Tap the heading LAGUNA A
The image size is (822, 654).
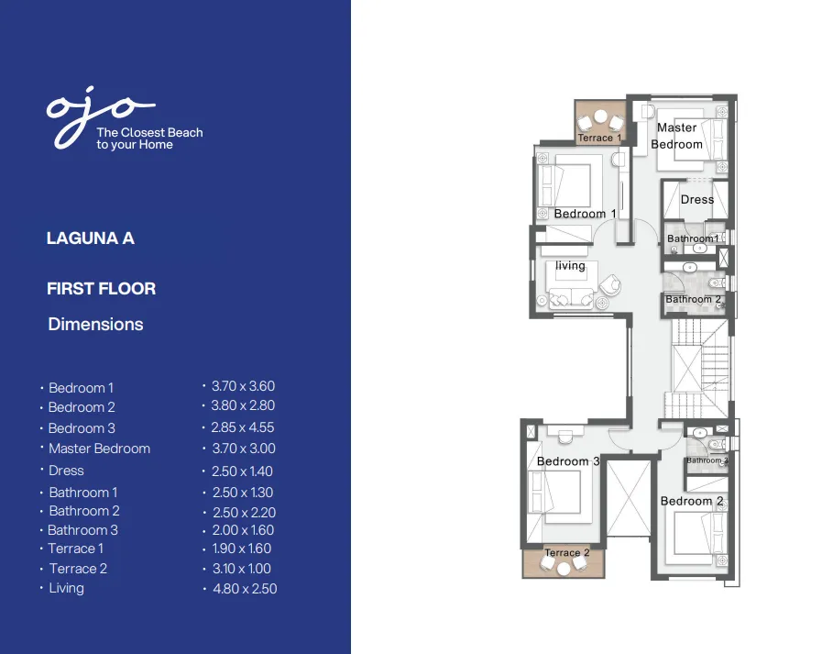(91, 238)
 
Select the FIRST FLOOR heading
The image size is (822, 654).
(101, 288)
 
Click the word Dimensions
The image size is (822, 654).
(95, 324)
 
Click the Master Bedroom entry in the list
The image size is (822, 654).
(99, 449)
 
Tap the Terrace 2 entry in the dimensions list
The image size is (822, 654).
(78, 569)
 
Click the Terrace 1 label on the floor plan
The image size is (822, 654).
(599, 139)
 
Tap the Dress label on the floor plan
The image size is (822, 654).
(696, 199)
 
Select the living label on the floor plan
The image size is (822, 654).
(570, 266)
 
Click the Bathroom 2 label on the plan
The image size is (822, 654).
(694, 300)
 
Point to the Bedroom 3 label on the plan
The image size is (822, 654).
(568, 461)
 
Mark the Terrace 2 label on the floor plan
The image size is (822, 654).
(566, 553)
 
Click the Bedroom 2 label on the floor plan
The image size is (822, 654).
(692, 501)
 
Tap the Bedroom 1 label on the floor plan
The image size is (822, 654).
(585, 214)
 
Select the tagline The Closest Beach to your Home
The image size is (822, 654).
(149, 139)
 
